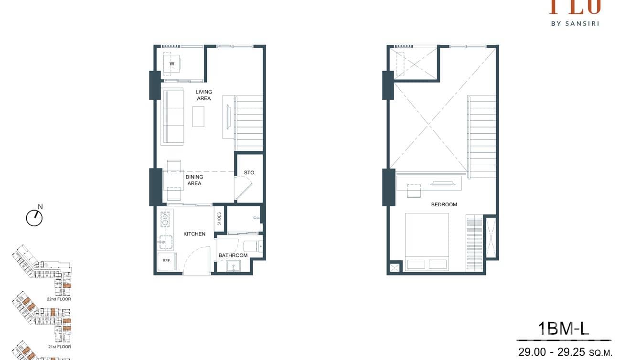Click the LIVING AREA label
(x=204, y=95)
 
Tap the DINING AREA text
(x=194, y=180)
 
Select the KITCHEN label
(x=194, y=234)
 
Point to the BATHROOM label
(x=233, y=255)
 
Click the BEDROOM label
(x=444, y=204)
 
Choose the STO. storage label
(x=249, y=172)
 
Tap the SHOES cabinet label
(x=219, y=219)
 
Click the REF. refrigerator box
(x=167, y=261)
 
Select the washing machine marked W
(x=171, y=64)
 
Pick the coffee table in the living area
(x=198, y=116)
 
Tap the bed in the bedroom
(x=427, y=241)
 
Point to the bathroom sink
(x=234, y=266)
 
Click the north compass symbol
(x=34, y=218)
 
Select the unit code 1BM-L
(x=564, y=328)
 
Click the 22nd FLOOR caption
(x=59, y=299)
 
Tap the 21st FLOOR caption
(x=59, y=347)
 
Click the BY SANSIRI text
(x=575, y=22)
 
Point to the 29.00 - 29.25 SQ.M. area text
(x=565, y=352)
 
